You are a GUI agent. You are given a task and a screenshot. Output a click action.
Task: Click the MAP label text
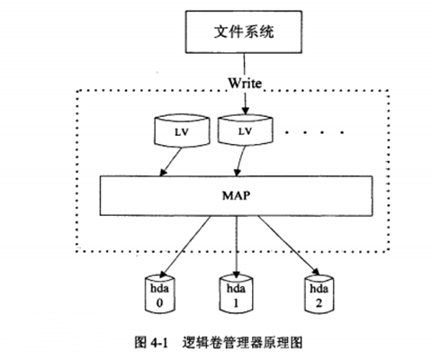pos(237,193)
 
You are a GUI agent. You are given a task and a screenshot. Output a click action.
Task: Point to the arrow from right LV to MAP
pos(238,159)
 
